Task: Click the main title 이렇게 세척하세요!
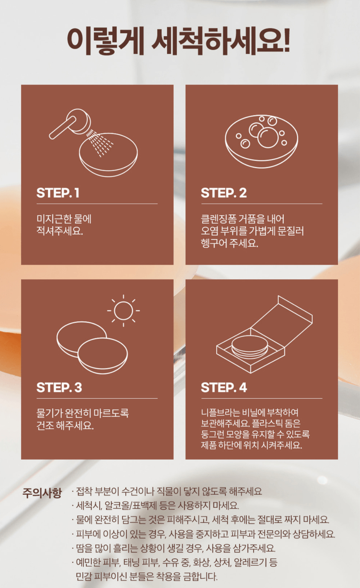point(179,41)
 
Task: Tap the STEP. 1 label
point(58,193)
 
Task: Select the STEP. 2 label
point(224,193)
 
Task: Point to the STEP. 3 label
point(59,387)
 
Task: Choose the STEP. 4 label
point(224,387)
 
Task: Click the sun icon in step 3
point(123,311)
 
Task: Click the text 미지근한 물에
point(64,219)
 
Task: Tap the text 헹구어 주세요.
point(230,243)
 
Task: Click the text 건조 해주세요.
point(65,426)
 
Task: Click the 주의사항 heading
point(42,493)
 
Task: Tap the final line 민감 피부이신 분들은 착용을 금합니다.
point(147,576)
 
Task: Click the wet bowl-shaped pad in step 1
point(108,155)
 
